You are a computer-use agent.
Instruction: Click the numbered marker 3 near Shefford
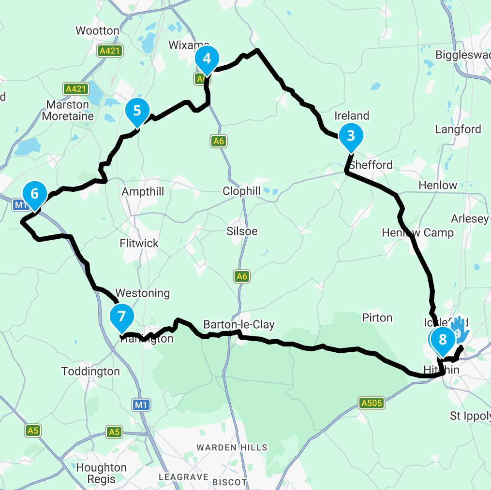tap(351, 136)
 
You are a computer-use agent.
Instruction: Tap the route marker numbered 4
tap(207, 58)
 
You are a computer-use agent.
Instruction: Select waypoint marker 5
tap(137, 111)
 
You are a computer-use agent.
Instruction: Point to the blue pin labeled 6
tap(34, 194)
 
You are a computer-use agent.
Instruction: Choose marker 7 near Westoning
tap(121, 317)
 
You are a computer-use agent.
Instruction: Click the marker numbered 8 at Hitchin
tap(442, 339)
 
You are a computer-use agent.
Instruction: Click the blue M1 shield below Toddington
tap(141, 405)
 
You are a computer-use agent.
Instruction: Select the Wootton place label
tap(97, 31)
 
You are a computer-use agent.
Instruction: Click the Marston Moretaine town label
tap(68, 111)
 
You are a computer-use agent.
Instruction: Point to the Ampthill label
tap(143, 192)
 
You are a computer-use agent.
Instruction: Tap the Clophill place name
tap(241, 191)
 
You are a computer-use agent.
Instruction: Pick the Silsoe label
tap(242, 231)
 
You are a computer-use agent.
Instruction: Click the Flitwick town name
tap(139, 243)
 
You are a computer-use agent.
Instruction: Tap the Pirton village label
tap(377, 317)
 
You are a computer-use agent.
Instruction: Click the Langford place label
tap(458, 129)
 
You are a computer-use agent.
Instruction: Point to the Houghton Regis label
tap(101, 474)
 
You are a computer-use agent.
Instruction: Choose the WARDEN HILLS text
tap(232, 447)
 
